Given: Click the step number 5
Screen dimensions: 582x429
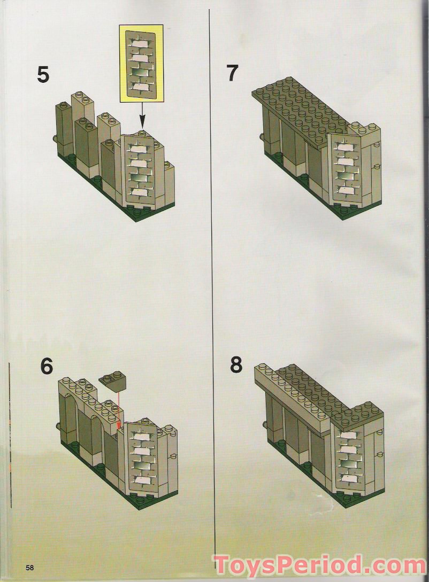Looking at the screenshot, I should [x=43, y=74].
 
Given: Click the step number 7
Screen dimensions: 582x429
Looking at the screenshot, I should [x=232, y=73].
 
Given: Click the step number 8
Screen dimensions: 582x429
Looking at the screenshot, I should [x=236, y=366].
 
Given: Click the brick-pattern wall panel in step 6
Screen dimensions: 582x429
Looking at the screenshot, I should [x=142, y=454].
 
